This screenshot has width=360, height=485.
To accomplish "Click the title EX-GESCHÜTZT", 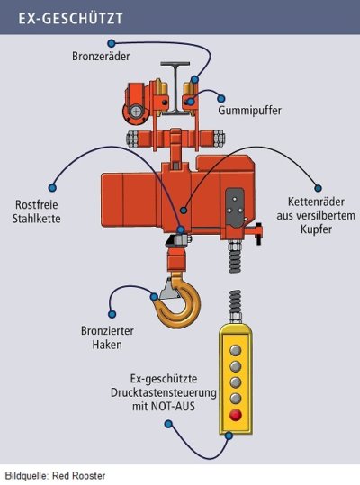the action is pos(71,19).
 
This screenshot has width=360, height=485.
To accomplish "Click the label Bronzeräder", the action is pos(101,57).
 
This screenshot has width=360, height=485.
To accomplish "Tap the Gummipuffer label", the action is pos(250,111).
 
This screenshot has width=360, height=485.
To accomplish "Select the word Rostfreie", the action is pos(37,205).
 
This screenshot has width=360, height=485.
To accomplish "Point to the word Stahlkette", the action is pos(37,219).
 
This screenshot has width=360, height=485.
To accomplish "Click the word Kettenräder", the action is pos(316,202).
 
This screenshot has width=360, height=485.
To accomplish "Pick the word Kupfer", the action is pos(316,229).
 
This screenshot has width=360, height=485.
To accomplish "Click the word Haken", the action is pos(107,345).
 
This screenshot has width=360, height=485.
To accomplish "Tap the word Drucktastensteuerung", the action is pos(164,393).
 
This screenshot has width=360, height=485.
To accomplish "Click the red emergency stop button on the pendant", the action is pos(236,415).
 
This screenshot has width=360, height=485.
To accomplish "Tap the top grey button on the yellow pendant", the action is pos(236,350).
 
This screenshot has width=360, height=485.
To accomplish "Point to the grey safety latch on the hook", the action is pos(170,290).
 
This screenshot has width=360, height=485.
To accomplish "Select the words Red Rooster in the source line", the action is pos(79,475).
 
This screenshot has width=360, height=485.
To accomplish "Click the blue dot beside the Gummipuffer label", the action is pos(220,99).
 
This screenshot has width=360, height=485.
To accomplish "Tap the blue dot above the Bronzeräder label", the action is pos(112,43).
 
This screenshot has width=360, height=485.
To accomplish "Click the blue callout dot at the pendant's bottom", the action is pos(229,436).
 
